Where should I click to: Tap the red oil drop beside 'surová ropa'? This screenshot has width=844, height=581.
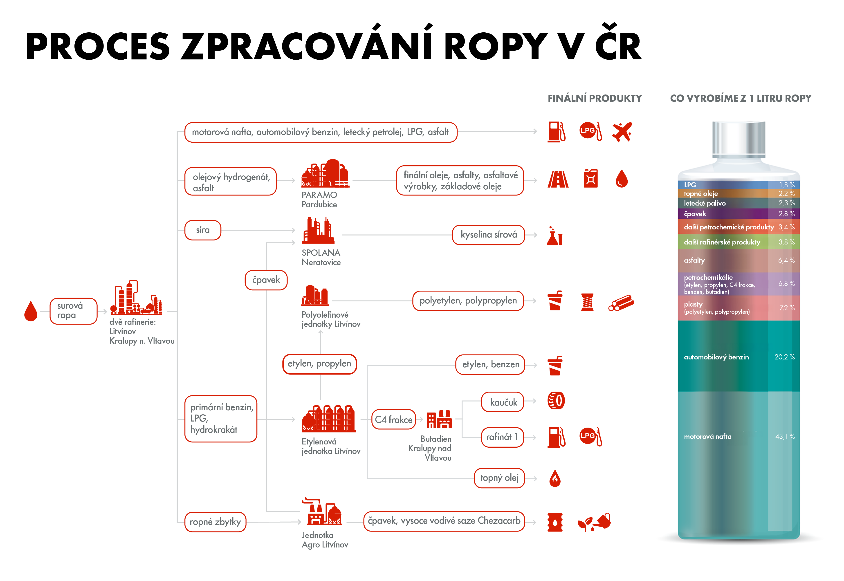(31, 311)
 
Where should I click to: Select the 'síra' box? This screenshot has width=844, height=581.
(203, 230)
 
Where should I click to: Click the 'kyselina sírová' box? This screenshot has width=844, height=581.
(488, 235)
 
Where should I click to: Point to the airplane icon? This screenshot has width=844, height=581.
(622, 132)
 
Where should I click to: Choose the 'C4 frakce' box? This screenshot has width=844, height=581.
(393, 419)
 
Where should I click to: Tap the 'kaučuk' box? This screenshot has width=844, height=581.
(503, 402)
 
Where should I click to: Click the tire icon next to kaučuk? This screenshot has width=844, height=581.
(556, 401)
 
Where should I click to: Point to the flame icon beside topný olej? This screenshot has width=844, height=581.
(555, 478)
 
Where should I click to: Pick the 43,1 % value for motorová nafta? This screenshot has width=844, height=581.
(785, 436)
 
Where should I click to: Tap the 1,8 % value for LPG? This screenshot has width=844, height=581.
(786, 185)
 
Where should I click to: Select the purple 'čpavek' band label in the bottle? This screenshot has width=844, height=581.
(695, 214)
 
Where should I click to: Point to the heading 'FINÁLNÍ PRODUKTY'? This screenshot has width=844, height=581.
(595, 98)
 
